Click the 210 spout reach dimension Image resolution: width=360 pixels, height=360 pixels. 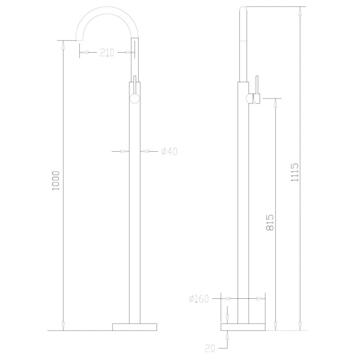107,53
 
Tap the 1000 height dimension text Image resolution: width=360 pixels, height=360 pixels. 56,180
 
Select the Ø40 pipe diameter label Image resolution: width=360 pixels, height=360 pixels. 169,152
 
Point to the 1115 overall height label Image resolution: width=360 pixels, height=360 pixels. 295,172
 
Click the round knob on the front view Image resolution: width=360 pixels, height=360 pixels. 135,99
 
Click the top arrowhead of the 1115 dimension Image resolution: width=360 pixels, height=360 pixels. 300,9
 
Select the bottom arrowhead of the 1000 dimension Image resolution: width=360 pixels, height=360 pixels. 63,327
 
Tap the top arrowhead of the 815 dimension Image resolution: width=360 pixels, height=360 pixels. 275,101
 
